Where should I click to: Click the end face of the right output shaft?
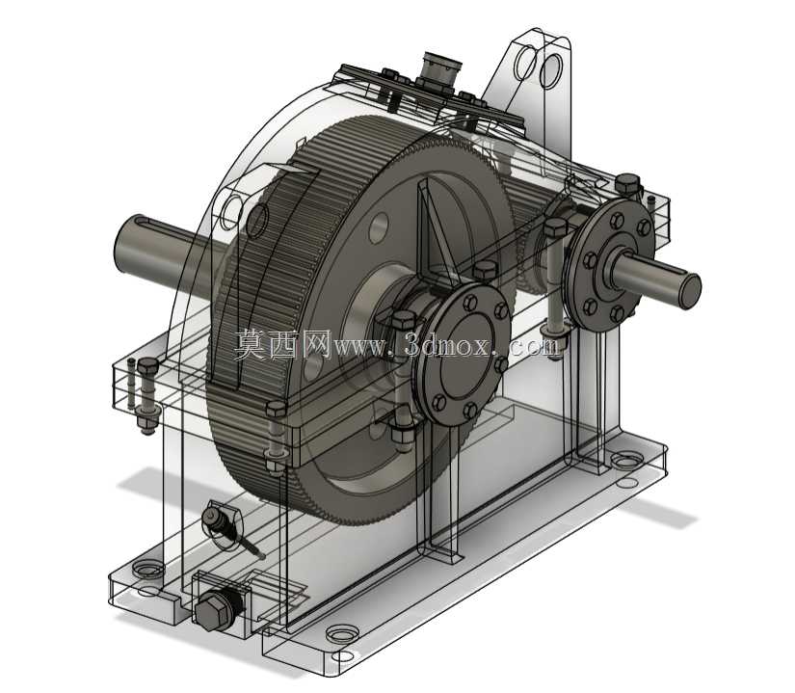[690, 290]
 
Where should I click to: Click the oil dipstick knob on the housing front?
[211, 520]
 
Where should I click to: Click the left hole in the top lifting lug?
[525, 62]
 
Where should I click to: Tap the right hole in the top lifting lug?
[551, 69]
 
